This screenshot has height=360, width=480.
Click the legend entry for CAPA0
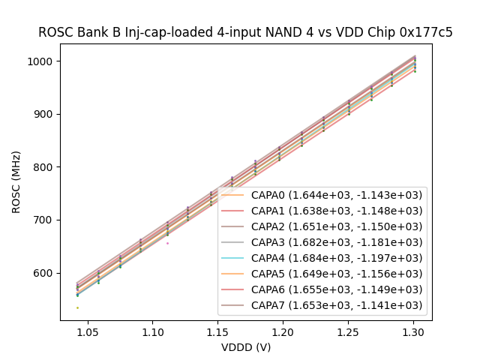(336, 195)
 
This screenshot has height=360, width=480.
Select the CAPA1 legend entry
(336, 211)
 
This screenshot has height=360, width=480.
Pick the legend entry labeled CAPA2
(336, 226)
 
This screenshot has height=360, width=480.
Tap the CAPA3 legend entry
(336, 242)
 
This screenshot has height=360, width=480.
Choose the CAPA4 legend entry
(336, 258)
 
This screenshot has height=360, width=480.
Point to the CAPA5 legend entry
(336, 274)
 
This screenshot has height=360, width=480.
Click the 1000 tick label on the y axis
(41, 61)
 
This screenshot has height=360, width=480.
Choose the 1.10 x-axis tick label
(153, 331)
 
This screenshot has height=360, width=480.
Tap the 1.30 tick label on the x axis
(413, 331)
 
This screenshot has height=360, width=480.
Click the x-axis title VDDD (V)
(246, 347)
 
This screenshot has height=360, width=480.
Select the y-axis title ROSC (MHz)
(16, 182)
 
